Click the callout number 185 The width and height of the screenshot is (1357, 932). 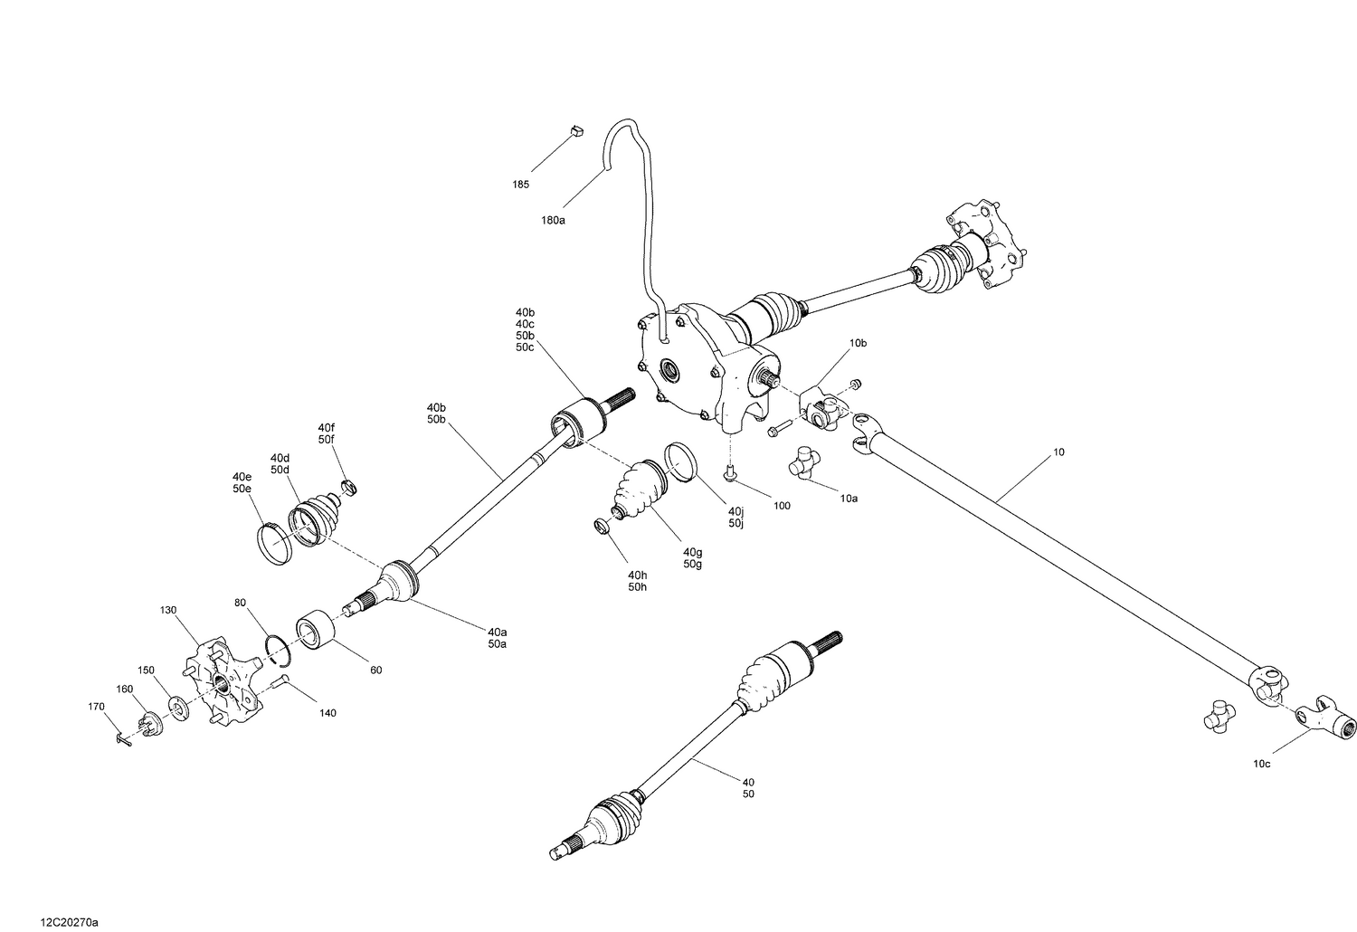pyautogui.click(x=520, y=185)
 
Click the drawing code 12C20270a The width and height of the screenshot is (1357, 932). pyautogui.click(x=69, y=922)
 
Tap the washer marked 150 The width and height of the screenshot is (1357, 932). pyautogui.click(x=178, y=707)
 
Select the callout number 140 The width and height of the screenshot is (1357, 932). pyautogui.click(x=327, y=713)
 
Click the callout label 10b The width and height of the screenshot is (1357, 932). pyautogui.click(x=858, y=344)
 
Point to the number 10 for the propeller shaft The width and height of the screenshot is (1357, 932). pyautogui.click(x=1059, y=451)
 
